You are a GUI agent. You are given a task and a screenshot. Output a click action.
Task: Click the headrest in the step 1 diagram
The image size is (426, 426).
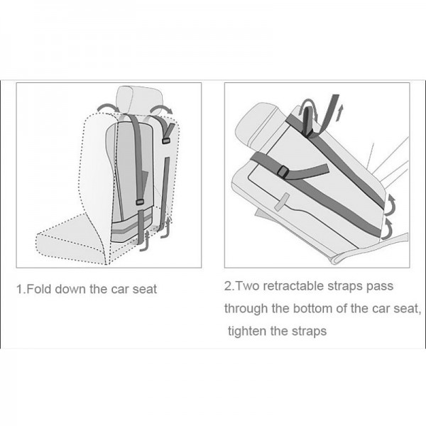(x=139, y=100)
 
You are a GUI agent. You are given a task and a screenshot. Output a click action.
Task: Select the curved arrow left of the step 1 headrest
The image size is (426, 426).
(x=108, y=107)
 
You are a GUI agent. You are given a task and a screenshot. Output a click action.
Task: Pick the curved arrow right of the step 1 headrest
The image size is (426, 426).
(x=161, y=109)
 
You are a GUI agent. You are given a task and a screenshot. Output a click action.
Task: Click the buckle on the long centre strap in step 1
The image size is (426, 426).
(x=140, y=202)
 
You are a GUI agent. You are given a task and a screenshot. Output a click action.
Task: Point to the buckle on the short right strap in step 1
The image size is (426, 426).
(x=165, y=141)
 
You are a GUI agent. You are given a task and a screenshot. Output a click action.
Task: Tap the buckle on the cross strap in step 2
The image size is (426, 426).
(x=283, y=172)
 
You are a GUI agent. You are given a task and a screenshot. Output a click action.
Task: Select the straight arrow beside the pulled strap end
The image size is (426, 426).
(x=339, y=113)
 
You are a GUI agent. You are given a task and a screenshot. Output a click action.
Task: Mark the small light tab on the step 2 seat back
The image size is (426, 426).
(x=281, y=202)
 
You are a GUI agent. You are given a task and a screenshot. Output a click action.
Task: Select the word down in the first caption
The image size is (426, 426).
(x=70, y=289)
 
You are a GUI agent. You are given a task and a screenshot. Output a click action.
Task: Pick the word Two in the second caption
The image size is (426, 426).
(x=248, y=286)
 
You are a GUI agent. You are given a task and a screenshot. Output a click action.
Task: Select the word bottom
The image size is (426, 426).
(x=313, y=309)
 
